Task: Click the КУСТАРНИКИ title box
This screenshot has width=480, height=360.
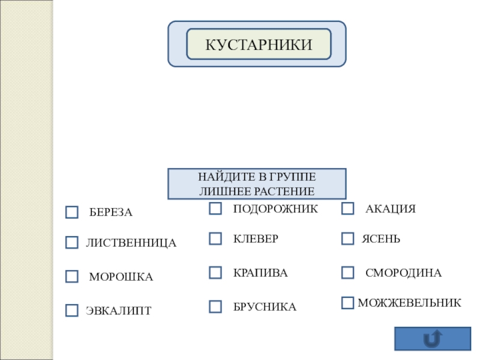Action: (259, 44)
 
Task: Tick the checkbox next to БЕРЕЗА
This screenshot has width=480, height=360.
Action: (72, 212)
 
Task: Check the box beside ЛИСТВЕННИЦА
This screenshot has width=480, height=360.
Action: (72, 242)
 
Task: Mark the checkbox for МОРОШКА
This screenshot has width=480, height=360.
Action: (72, 277)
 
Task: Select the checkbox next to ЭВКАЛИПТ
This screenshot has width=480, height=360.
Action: (72, 310)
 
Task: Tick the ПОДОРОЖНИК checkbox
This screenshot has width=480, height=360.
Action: (215, 209)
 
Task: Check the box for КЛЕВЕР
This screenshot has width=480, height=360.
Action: (215, 239)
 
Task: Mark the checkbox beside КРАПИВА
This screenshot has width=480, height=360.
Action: (215, 273)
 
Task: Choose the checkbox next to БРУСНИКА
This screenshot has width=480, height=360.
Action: (215, 307)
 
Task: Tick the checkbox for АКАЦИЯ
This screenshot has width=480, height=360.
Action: (348, 209)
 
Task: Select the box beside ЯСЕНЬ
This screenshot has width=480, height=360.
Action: (348, 239)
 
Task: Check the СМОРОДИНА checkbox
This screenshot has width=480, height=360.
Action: (348, 273)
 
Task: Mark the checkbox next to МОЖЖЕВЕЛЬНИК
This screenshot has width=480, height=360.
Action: (348, 303)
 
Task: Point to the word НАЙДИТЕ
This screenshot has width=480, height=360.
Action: (220, 178)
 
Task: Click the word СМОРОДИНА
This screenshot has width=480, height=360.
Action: (403, 273)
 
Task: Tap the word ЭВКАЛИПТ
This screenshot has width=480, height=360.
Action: (118, 311)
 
